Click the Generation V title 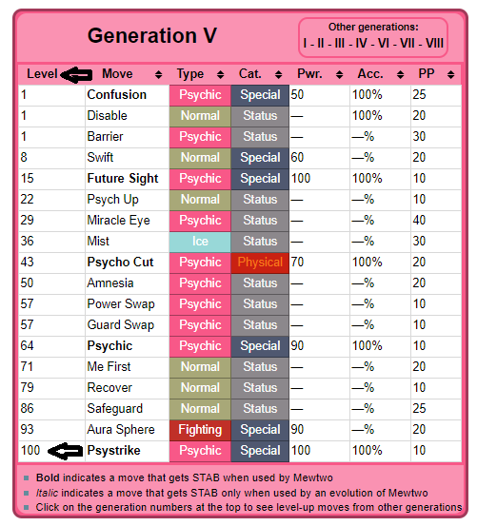152,35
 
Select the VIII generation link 435,43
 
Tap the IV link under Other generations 361,43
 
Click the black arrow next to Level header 76,74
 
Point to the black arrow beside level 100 65,451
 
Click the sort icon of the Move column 158,75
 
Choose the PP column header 427,74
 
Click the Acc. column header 370,74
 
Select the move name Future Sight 123,179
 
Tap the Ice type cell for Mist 200,242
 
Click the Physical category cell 260,263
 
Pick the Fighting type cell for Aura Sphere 200,430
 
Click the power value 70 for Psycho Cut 297,262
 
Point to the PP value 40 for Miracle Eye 419,221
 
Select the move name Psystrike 114,451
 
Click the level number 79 27,388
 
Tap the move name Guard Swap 121,325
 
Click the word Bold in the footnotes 48,477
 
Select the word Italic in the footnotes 47,493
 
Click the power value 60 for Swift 297,158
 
